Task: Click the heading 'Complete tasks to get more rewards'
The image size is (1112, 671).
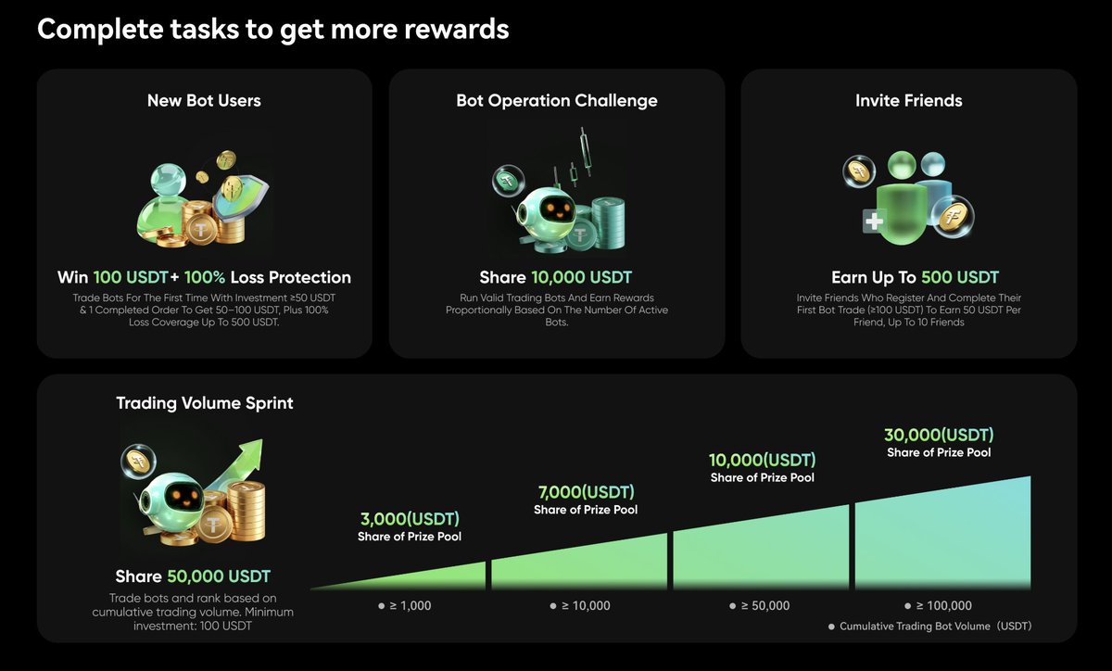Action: [x=273, y=29]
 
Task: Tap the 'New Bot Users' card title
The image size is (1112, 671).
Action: [x=204, y=100]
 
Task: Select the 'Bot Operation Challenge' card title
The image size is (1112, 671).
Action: [x=557, y=100]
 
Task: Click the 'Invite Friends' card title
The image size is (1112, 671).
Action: [x=908, y=100]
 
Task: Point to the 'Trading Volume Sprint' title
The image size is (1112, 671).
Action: [x=205, y=403]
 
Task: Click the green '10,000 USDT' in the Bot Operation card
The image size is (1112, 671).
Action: [x=582, y=277]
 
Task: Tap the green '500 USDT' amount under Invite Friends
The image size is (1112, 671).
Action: [x=960, y=277]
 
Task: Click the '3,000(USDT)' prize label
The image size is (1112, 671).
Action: [x=410, y=519]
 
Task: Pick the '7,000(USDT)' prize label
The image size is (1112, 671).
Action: [x=586, y=492]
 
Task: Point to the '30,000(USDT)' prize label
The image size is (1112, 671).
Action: [x=939, y=435]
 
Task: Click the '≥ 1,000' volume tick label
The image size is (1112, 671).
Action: [x=405, y=605]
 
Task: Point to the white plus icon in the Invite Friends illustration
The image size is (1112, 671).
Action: [x=873, y=222]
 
